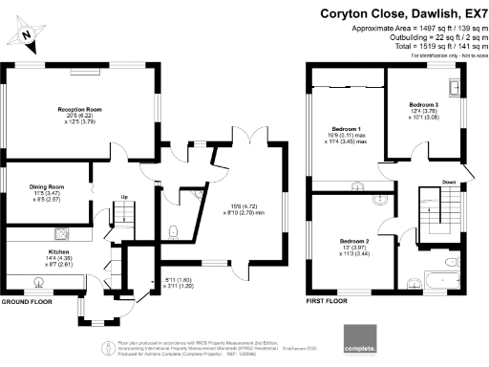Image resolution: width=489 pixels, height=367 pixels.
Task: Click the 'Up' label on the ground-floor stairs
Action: coord(123,199)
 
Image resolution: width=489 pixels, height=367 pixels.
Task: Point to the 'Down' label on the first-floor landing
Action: coord(447,182)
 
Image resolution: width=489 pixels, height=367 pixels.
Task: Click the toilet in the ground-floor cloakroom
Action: coord(172,230)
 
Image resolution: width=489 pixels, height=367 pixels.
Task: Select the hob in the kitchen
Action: coord(61,232)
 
